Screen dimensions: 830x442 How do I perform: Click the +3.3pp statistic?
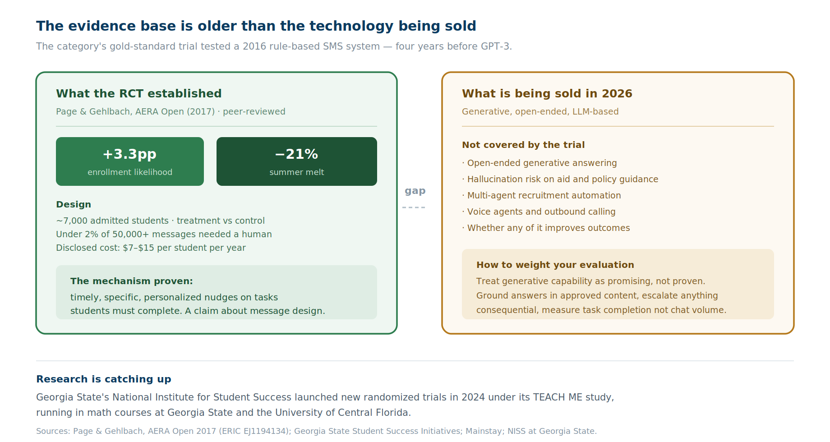click(x=129, y=154)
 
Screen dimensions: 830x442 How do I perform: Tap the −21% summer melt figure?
click(x=296, y=154)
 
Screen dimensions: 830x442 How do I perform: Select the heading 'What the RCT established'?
click(x=139, y=93)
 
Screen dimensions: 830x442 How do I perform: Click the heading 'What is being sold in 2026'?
click(x=547, y=93)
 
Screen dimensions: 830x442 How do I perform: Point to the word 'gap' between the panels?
click(x=415, y=191)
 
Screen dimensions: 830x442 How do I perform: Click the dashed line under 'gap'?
click(x=414, y=207)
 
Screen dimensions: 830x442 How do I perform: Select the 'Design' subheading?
click(x=74, y=204)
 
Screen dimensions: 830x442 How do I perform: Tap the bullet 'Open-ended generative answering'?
click(x=539, y=163)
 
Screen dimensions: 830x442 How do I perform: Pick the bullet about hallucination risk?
click(x=560, y=179)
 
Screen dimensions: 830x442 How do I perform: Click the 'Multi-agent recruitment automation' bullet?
click(x=541, y=195)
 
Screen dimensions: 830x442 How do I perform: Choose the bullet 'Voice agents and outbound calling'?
click(x=539, y=212)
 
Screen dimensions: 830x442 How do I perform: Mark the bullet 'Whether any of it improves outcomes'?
click(x=546, y=228)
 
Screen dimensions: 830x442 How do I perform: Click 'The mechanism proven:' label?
click(x=132, y=281)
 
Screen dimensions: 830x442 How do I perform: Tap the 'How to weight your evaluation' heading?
click(x=555, y=265)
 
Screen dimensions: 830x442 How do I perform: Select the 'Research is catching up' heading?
click(x=104, y=379)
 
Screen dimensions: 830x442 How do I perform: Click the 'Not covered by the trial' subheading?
click(x=523, y=145)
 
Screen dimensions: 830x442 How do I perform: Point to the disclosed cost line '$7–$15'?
click(x=151, y=248)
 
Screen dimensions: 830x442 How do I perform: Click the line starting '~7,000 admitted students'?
click(x=160, y=221)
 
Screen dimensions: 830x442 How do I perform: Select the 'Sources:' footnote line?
click(x=316, y=431)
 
